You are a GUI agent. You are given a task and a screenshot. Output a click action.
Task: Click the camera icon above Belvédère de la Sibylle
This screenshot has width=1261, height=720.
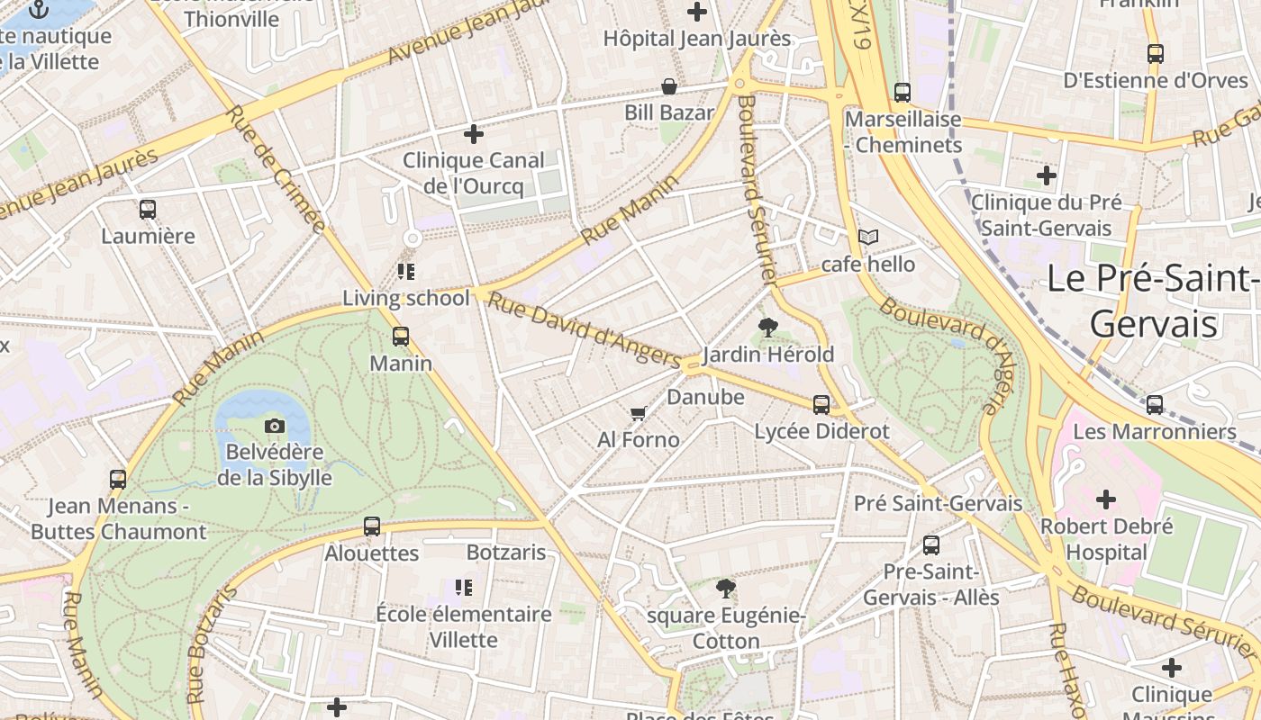pyautogui.click(x=275, y=426)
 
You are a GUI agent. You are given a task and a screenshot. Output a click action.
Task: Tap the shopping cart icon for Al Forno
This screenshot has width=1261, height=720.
pyautogui.click(x=639, y=413)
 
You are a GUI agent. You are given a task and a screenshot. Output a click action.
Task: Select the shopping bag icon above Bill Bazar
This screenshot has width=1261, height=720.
pyautogui.click(x=669, y=86)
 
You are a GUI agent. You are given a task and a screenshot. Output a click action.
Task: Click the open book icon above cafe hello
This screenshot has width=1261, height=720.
pyautogui.click(x=867, y=238)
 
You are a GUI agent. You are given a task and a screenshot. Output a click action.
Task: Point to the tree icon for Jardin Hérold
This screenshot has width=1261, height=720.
pyautogui.click(x=768, y=328)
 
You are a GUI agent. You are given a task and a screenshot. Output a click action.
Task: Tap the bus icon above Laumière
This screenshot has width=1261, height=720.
pyautogui.click(x=148, y=210)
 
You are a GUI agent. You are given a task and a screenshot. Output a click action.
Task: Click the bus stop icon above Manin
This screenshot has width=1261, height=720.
pyautogui.click(x=401, y=337)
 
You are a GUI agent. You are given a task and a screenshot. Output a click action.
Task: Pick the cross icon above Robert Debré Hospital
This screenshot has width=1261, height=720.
pyautogui.click(x=1106, y=499)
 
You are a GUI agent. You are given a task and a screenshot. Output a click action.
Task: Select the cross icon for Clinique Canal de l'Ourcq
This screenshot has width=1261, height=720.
pyautogui.click(x=474, y=135)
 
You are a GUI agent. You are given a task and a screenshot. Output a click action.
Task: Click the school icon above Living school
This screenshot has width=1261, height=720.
pyautogui.click(x=406, y=271)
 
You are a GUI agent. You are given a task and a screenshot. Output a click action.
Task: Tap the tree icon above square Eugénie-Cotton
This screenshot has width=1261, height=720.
pyautogui.click(x=726, y=589)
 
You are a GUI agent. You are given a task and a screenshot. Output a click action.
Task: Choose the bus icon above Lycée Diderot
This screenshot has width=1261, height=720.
pyautogui.click(x=821, y=405)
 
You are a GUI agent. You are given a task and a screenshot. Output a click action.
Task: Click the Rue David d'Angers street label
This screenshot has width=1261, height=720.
pyautogui.click(x=583, y=328)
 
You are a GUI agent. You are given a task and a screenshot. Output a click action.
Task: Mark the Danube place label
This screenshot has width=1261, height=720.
pyautogui.click(x=706, y=397)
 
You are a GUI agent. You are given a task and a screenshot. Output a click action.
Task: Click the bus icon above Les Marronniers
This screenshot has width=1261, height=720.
pyautogui.click(x=1155, y=405)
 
